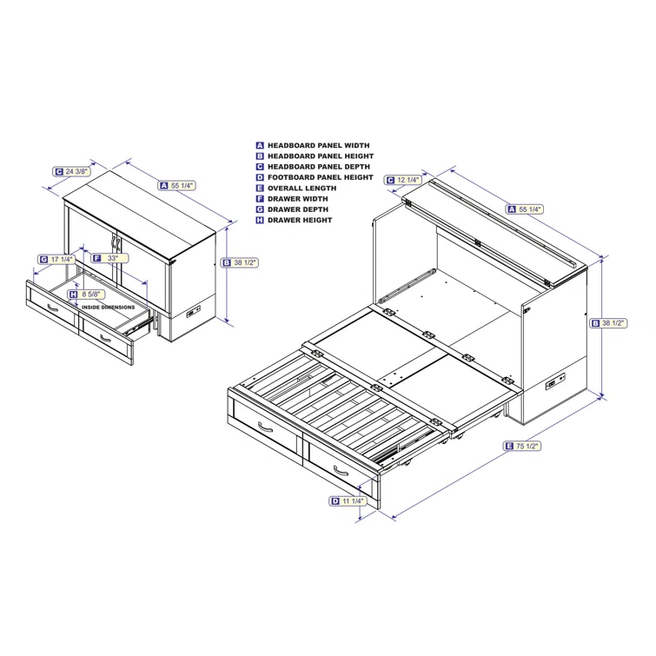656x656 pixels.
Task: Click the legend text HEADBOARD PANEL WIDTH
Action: [318, 146]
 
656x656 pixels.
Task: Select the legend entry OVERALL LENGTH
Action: [301, 188]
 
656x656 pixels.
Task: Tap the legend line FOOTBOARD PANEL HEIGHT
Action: [320, 177]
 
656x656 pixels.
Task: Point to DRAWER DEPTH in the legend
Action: [297, 209]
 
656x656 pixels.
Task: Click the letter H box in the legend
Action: [260, 220]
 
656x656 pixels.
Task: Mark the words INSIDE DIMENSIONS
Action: [109, 307]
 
